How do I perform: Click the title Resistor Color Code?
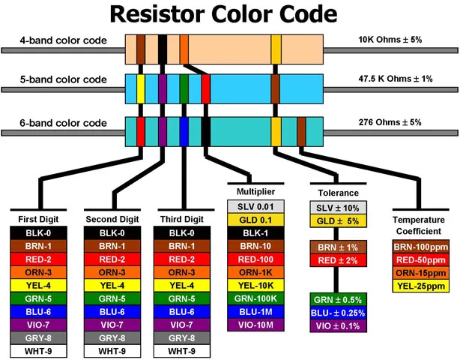[230, 15]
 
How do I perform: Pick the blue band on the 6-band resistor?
[184, 130]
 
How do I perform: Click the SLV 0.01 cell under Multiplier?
[256, 206]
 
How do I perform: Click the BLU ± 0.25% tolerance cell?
[336, 313]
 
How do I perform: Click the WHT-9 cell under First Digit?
[40, 350]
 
